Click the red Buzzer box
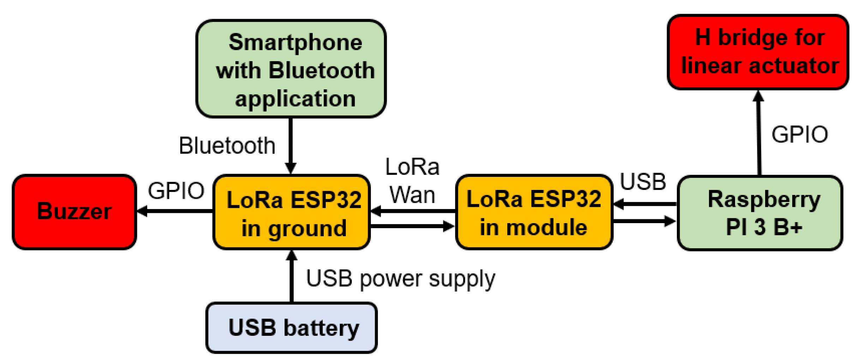(x=74, y=212)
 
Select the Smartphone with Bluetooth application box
(x=290, y=69)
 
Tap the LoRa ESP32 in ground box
(x=291, y=212)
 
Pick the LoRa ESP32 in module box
(x=534, y=212)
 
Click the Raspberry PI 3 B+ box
(x=760, y=213)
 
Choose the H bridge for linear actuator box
(x=758, y=52)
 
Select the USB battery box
(x=291, y=327)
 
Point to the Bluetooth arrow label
(x=227, y=145)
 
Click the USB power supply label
(x=400, y=279)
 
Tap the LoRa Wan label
(x=412, y=181)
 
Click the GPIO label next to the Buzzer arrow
(x=176, y=191)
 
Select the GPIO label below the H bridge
(x=799, y=135)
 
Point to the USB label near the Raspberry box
(x=643, y=182)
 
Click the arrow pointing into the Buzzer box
(x=175, y=211)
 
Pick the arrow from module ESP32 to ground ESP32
(x=413, y=211)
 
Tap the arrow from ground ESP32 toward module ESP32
(x=413, y=226)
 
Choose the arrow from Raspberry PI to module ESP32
(x=644, y=204)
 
